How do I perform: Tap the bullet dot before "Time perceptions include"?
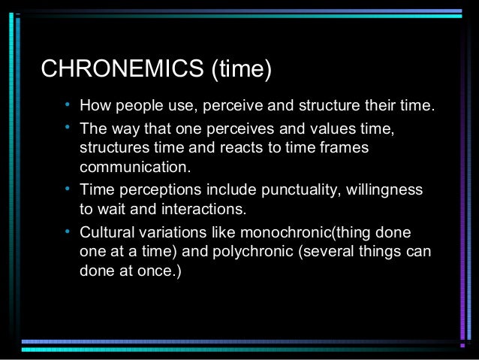[x=68, y=187]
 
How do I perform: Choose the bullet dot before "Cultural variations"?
[x=68, y=228]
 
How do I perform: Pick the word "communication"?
[x=135, y=167]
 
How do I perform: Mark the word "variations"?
[x=170, y=231]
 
